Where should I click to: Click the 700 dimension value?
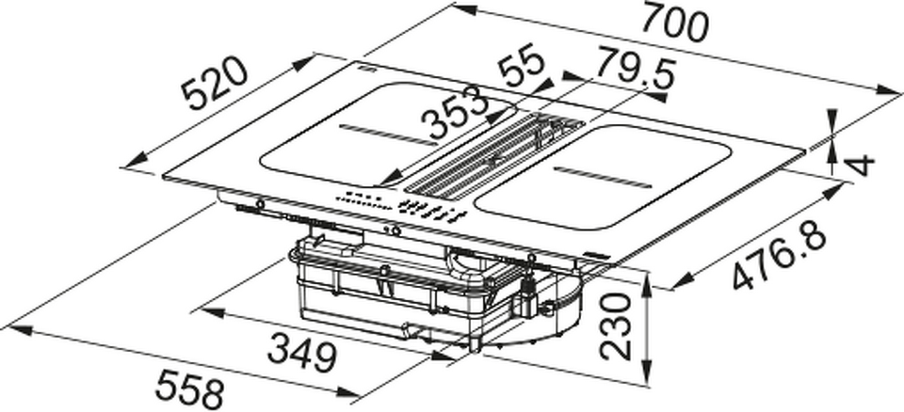pos(674,23)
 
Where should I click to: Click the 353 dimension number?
pos(455,112)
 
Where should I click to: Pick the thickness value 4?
pos(862,166)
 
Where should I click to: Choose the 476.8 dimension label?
pos(780,253)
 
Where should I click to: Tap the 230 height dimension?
pos(615,326)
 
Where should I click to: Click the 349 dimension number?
pos(302,355)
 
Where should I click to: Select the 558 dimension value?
pos(188,389)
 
